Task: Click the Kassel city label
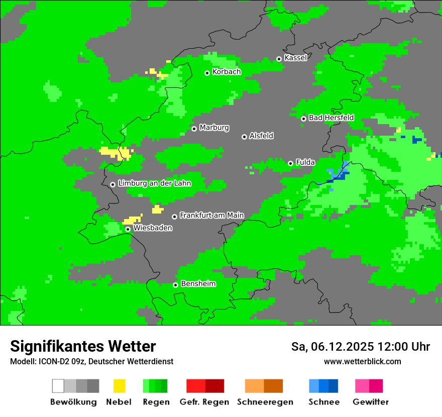point(295,58)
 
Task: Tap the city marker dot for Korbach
point(207,73)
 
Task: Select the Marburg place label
point(214,128)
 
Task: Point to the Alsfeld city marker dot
point(244,137)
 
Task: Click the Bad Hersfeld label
point(331,118)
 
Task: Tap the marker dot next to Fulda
point(290,163)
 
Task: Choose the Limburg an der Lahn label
point(154,183)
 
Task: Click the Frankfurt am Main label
point(211,216)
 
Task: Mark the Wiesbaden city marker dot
point(128,229)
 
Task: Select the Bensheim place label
point(198,284)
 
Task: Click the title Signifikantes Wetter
point(83,346)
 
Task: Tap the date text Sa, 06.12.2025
point(333,347)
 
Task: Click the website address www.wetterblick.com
point(362,361)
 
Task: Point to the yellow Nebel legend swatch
point(119,386)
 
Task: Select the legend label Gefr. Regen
point(204,402)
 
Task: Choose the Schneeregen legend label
point(265,402)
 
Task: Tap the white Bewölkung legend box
point(58,386)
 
